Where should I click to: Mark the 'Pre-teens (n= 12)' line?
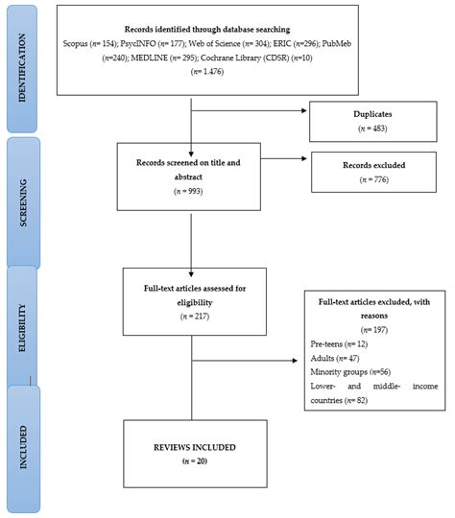pyautogui.click(x=337, y=342)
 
